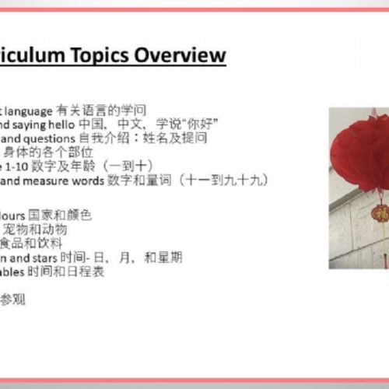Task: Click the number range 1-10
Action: click(30, 166)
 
